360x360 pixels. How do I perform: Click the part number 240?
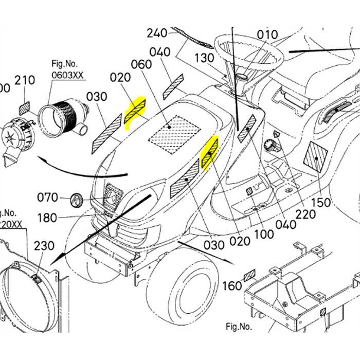(157, 33)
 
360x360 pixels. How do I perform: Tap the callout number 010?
(267, 35)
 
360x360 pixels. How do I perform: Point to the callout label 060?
(141, 64)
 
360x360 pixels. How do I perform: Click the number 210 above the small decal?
(25, 80)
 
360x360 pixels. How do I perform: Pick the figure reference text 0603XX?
(68, 75)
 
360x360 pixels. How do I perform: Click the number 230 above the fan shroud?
(44, 246)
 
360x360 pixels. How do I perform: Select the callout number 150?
(321, 203)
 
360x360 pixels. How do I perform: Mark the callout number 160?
(232, 284)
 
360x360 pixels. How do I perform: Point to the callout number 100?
(264, 234)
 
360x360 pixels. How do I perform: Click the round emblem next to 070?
(76, 199)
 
